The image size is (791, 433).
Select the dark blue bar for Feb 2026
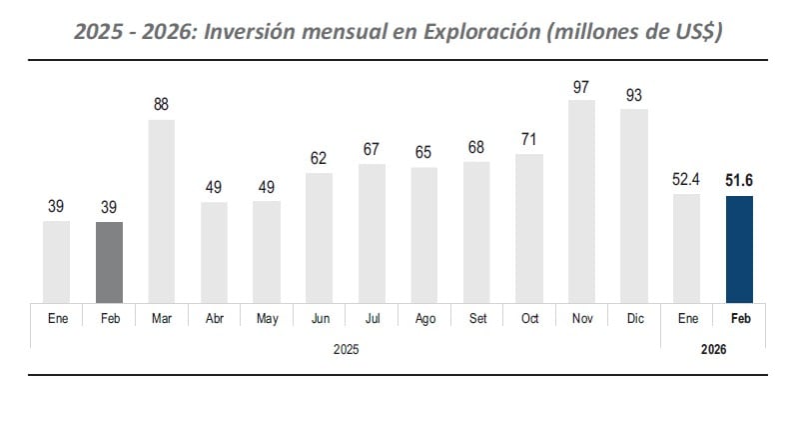[739, 249]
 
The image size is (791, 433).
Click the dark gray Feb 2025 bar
[109, 262]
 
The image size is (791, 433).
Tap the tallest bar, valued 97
[581, 201]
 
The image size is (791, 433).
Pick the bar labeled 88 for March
[162, 211]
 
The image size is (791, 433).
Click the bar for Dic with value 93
[634, 205]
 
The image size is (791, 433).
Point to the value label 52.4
[686, 180]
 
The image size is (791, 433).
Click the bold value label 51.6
[739, 180]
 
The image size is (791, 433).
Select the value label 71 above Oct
[529, 139]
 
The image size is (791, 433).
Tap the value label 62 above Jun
[320, 158]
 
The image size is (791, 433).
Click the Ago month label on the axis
[424, 320]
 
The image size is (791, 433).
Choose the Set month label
[476, 320]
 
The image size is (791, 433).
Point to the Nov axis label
[581, 320]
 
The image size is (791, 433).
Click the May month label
[267, 320]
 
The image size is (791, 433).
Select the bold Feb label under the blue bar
[739, 320]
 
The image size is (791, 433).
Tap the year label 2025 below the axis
[345, 350]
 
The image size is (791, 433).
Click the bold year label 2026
[712, 350]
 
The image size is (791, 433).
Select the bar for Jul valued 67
[372, 233]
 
